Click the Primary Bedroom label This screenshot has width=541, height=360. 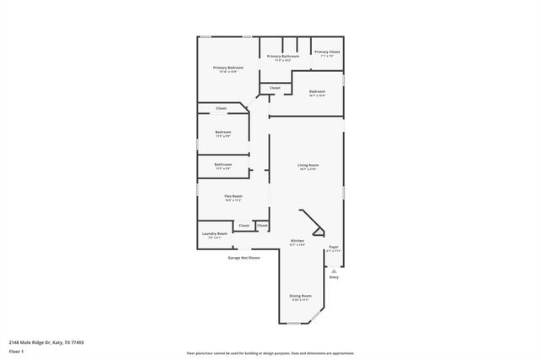point(228,68)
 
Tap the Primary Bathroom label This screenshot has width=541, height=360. point(284,57)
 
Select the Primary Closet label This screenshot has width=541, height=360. point(327,52)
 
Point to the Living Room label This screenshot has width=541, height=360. point(308,165)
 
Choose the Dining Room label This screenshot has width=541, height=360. point(302,296)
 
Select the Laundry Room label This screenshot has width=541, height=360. point(215,233)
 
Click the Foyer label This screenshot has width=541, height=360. point(334,247)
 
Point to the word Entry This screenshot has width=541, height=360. point(334,277)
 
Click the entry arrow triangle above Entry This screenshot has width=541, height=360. point(334,270)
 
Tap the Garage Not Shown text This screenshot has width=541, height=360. point(243,257)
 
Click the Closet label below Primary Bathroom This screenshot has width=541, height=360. point(275,88)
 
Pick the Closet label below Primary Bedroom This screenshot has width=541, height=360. point(221,108)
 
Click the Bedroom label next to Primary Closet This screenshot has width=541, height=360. point(317,91)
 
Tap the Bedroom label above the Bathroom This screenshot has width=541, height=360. point(223,132)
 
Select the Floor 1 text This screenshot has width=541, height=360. point(16,351)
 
